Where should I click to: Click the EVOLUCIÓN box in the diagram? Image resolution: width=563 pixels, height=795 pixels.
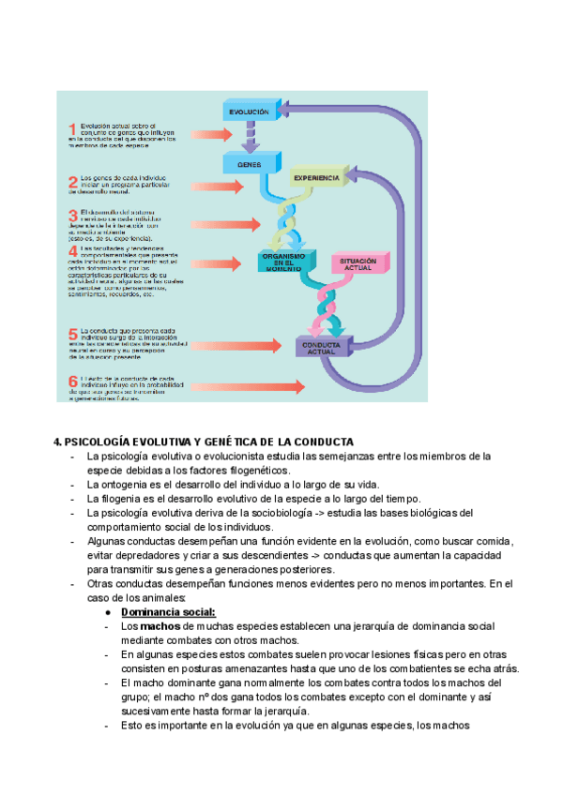[x=250, y=112]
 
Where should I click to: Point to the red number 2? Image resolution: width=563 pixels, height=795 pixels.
[x=72, y=182]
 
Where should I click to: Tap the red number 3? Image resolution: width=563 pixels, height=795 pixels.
[x=72, y=217]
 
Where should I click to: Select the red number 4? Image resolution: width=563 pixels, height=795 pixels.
[x=72, y=252]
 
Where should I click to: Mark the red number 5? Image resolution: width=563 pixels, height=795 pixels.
[x=72, y=334]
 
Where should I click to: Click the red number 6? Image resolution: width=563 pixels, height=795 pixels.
[x=72, y=382]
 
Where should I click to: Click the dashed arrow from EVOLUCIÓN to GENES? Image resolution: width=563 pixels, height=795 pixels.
[x=250, y=138]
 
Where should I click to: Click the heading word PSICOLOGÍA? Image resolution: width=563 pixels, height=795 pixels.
[x=99, y=442]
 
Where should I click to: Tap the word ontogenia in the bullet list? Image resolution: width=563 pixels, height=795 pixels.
[x=124, y=484]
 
